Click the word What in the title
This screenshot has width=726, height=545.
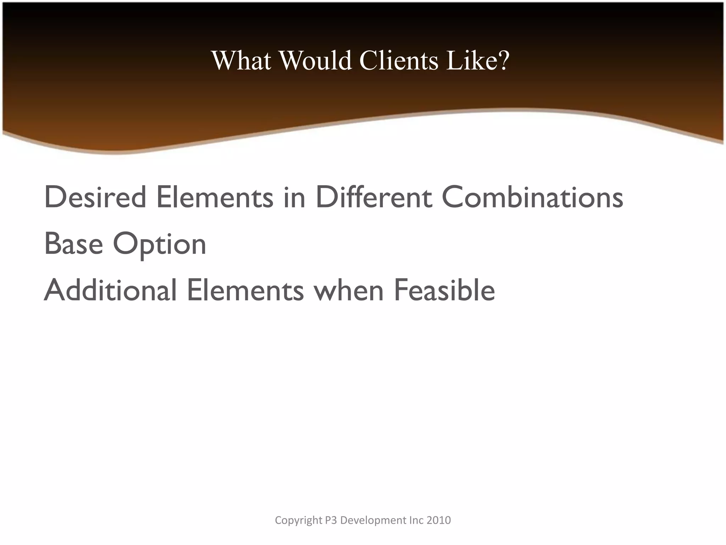242,60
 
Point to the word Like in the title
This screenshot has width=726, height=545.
470,60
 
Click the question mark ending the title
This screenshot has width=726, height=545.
503,60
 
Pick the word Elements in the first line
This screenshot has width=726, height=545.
215,197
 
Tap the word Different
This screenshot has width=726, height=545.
374,197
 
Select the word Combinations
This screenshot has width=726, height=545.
532,197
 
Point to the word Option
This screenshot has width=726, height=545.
160,245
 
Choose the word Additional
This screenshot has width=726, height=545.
110,290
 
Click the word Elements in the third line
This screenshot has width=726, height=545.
245,290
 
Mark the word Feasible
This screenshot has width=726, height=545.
444,290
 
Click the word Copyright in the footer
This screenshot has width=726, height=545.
298,521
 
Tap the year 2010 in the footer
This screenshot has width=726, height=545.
439,520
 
